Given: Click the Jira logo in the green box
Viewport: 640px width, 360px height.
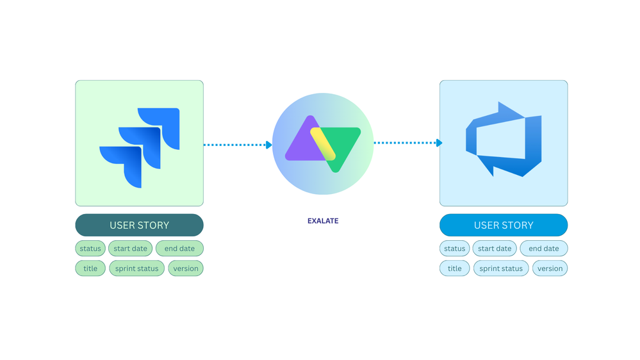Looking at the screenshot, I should click(x=140, y=147).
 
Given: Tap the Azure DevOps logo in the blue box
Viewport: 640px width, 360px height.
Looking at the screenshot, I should click(x=504, y=139).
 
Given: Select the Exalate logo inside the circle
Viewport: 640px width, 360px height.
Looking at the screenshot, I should click(x=323, y=143).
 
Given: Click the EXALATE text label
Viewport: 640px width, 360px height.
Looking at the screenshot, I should click(x=323, y=221).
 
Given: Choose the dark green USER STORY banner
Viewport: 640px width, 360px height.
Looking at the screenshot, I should click(x=139, y=225).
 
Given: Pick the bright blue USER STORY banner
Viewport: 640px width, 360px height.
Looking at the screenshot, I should click(x=504, y=225).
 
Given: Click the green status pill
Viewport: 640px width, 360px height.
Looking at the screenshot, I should click(x=90, y=249).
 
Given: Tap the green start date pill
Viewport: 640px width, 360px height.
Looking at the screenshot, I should click(x=131, y=249).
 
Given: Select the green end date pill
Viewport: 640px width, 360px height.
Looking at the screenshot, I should click(x=179, y=249).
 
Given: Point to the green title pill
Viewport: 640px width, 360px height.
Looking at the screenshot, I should click(x=90, y=268).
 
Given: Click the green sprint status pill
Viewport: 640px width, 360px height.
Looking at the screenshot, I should click(x=136, y=268).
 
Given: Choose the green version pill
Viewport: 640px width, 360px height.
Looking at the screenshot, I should click(x=186, y=268).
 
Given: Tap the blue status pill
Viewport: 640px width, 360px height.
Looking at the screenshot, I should click(x=455, y=249).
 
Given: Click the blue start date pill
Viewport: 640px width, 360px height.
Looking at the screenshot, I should click(x=495, y=249).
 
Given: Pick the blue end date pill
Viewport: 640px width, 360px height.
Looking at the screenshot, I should click(x=544, y=249).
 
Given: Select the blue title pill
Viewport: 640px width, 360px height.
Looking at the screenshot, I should click(x=455, y=268).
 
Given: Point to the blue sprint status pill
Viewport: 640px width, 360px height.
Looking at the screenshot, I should click(x=501, y=268).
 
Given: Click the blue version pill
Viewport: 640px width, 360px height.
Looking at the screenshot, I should click(x=550, y=268).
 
